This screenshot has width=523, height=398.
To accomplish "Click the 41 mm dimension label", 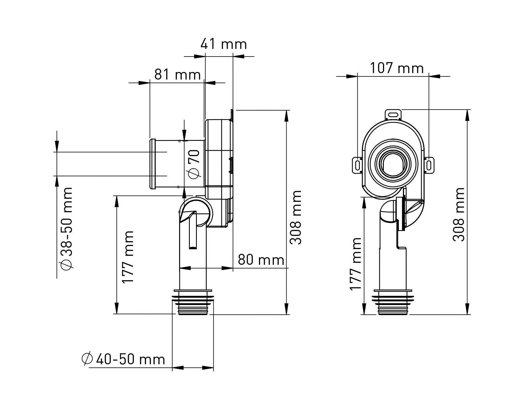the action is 224,44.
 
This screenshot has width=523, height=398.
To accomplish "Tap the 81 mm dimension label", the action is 177,74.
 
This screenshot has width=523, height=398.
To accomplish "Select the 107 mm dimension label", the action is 396,68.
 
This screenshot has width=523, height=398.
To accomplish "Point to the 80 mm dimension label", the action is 261,260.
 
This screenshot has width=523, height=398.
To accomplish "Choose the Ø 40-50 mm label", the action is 123,359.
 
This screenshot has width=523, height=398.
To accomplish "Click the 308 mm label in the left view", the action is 296,217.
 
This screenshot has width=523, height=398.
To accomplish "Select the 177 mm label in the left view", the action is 128,257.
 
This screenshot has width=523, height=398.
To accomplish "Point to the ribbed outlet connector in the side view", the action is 193,302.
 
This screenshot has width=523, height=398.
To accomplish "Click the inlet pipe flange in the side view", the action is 153,164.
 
